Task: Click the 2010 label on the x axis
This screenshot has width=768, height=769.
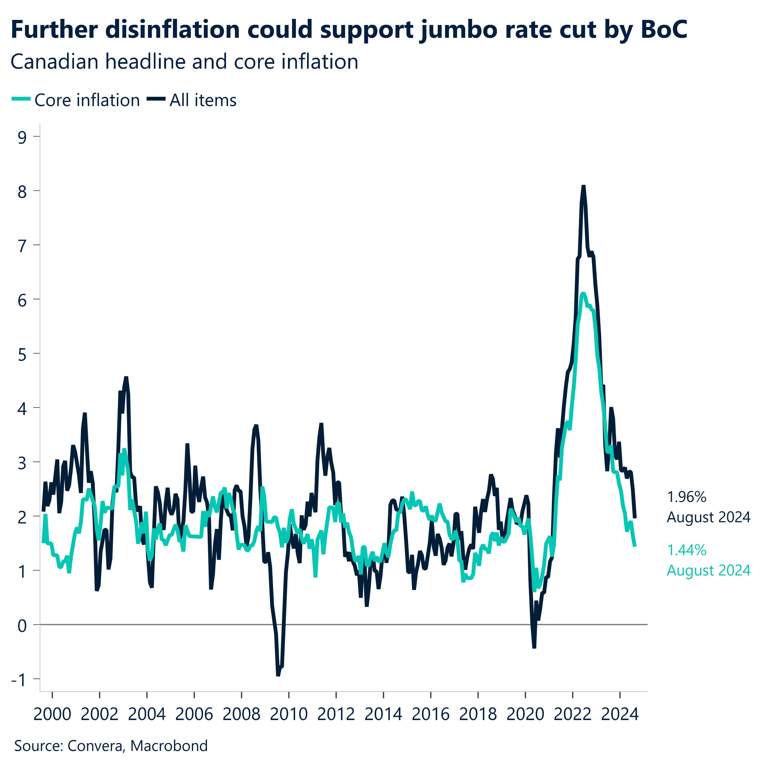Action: coord(289,715)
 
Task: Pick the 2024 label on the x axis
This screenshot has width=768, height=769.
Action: coord(620,715)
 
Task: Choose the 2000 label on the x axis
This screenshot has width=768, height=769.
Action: coord(52,715)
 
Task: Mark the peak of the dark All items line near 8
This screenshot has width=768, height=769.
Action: coord(583,186)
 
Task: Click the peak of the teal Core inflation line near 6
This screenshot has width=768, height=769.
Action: coord(583,294)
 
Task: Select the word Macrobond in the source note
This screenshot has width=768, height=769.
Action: coord(169,745)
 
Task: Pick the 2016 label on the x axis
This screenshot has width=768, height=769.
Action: coord(431,715)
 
